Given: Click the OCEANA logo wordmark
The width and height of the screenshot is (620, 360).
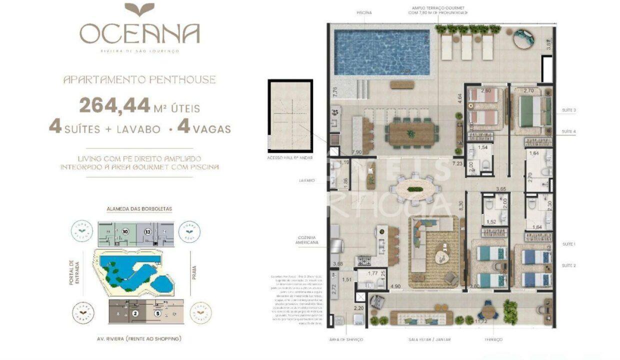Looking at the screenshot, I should [x=139, y=33].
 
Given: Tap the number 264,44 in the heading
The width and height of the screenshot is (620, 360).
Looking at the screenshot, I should [x=114, y=105].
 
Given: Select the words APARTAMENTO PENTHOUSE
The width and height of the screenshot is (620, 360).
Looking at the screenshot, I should [x=139, y=79].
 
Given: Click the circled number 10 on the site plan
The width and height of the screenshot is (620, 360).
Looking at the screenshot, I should [x=125, y=231].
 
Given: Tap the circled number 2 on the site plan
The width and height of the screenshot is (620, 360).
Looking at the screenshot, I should [x=135, y=314].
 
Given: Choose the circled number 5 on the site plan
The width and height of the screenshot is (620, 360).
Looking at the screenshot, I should [x=157, y=314].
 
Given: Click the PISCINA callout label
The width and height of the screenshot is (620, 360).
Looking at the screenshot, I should [x=364, y=12].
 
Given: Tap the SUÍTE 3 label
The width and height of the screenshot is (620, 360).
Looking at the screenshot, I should [x=568, y=110].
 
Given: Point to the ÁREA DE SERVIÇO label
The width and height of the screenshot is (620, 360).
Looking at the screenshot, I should [x=346, y=340].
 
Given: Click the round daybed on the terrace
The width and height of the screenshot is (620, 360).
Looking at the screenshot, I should [x=523, y=38].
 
